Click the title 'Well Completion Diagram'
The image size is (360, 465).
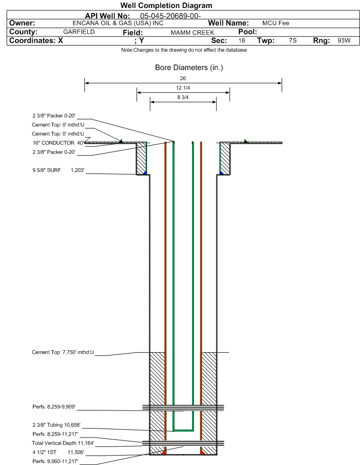166,5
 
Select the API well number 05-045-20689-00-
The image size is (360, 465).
170,16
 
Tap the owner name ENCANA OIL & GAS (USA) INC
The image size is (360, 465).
118,23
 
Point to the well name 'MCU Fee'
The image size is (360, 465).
276,23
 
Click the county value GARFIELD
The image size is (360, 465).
79,32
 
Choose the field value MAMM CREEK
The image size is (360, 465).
192,32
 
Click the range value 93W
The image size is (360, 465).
344,40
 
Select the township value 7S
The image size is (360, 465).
293,40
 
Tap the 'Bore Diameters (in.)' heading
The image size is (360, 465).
189,68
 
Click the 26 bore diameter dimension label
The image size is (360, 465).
183,78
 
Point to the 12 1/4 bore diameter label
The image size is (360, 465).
183,88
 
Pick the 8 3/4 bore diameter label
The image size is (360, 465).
183,97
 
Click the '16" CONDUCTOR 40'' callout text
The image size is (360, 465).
58,143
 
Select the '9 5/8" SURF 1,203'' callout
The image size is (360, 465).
58,170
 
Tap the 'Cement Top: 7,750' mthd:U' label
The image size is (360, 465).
63,352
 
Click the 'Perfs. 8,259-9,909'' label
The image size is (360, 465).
54,407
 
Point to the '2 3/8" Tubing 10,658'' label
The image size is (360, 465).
56,425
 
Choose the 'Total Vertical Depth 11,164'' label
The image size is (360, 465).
63,443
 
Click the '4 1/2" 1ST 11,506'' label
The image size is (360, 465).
58,452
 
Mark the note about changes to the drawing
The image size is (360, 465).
184,50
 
